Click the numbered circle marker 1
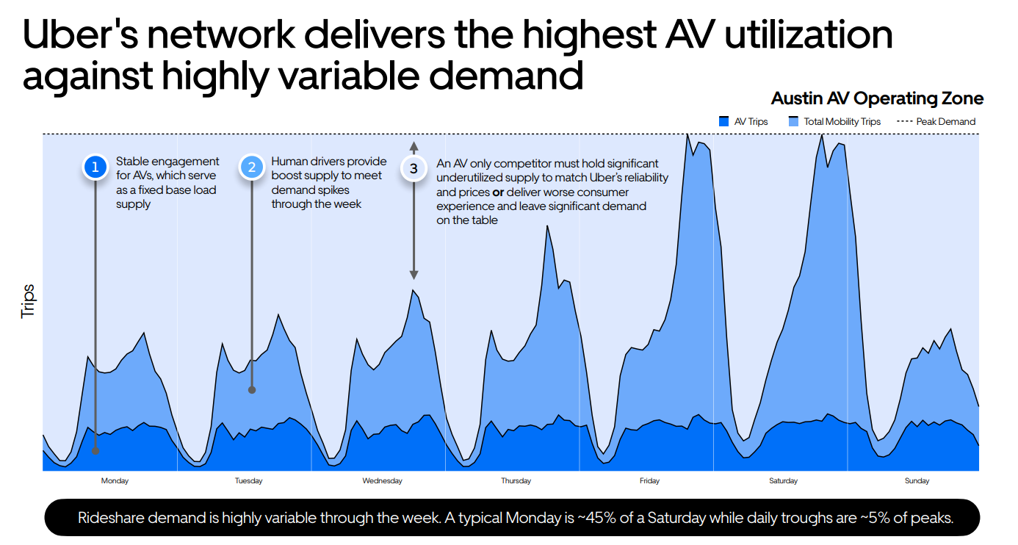[x=95, y=167]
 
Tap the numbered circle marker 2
[x=252, y=167]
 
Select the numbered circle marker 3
[x=414, y=168]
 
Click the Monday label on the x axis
[x=115, y=481]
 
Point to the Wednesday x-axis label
[x=382, y=481]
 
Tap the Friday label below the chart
[x=649, y=481]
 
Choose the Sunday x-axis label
[x=917, y=481]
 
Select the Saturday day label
[x=783, y=481]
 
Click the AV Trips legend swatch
[x=723, y=121]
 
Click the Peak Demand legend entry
[x=936, y=121]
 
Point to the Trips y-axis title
[x=28, y=301]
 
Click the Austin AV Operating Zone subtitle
[x=877, y=98]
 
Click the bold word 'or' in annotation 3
[x=497, y=192]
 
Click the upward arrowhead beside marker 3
[x=414, y=145]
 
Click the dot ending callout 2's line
[x=252, y=390]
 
